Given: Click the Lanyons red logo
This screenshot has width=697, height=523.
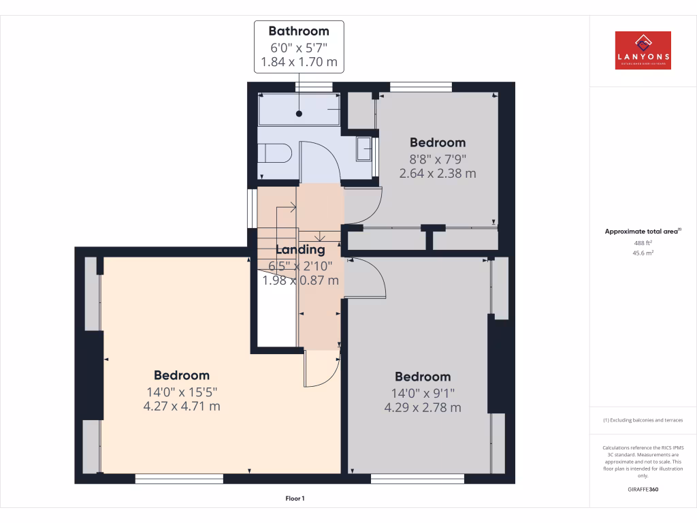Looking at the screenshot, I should click(643, 50).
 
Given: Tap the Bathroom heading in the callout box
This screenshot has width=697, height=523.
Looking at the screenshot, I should click(299, 31).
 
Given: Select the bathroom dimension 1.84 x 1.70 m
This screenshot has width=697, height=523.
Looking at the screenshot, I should click(299, 63).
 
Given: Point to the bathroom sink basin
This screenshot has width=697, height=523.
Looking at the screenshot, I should click(364, 148).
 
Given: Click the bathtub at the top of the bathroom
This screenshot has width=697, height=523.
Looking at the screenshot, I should click(299, 109).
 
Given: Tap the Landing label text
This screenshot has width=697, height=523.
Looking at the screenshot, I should click(300, 249).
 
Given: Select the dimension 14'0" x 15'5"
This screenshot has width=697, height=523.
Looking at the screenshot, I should click(181, 392).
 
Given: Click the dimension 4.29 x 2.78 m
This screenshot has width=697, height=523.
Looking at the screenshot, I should click(423, 407).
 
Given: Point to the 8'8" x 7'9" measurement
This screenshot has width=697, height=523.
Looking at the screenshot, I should click(437, 158).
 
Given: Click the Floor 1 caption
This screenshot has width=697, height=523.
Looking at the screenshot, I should click(295, 498).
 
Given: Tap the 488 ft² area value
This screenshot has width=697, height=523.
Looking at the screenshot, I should click(643, 242).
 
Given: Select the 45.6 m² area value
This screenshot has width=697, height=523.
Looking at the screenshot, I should click(643, 253).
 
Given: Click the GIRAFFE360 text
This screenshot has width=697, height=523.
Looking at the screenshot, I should click(643, 490).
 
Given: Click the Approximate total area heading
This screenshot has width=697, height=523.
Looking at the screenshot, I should click(643, 232).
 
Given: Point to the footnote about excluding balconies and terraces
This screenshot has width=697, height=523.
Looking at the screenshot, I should click(643, 420).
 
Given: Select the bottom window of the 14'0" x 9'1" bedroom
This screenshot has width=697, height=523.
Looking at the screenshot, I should click(417, 479).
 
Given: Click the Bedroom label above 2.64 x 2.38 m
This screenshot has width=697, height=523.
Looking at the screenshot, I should click(437, 142).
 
